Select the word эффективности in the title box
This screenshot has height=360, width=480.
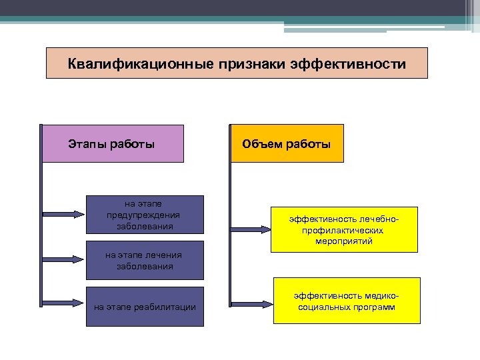tap(350, 65)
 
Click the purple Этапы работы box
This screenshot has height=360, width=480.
tap(112, 144)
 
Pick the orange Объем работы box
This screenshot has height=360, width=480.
tap(287, 144)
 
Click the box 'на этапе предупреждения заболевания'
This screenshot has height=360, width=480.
tap(144, 214)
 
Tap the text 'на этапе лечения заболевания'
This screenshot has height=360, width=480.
tap(144, 260)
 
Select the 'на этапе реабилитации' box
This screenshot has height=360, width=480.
tap(145, 307)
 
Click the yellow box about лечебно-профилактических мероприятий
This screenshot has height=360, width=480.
tap(344, 229)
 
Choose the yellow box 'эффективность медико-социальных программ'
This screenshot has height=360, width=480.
tap(347, 301)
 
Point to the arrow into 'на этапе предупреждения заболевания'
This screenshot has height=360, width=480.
tap(64, 214)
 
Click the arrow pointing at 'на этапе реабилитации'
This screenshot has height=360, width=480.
tap(64, 304)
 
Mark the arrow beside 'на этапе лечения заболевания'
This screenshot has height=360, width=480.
tap(64, 259)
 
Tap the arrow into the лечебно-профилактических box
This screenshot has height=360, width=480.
tap(250, 229)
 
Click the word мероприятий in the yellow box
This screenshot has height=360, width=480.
tap(344, 241)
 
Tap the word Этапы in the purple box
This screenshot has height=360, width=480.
tap(85, 144)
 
